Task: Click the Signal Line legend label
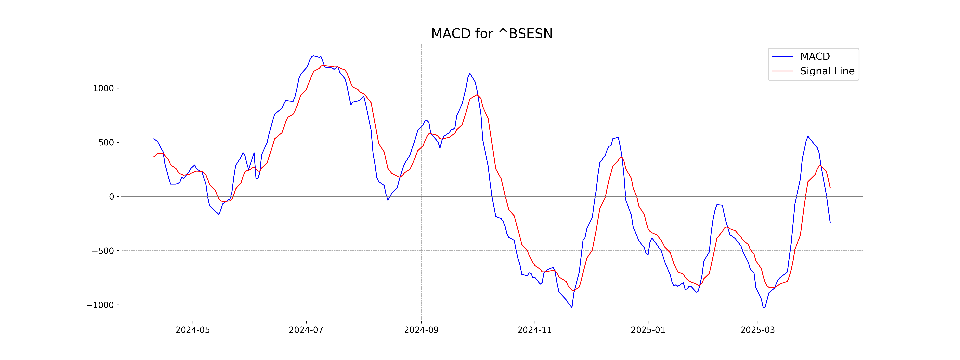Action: point(827,71)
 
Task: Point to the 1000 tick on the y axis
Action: point(103,89)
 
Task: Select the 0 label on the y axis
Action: point(111,197)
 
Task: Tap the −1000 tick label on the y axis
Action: point(100,305)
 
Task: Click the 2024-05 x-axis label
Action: point(193,330)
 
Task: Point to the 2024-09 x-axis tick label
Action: point(421,330)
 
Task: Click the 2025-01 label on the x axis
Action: point(648,330)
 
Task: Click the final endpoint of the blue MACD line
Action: point(830,223)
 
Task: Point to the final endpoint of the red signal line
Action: point(830,188)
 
